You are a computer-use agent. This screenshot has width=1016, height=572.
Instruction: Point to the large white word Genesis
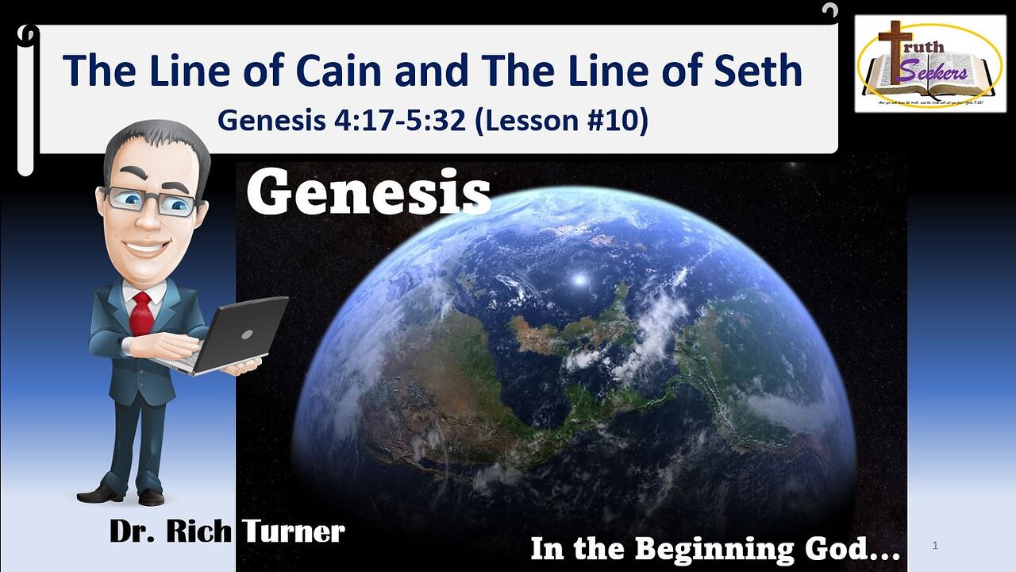(368, 194)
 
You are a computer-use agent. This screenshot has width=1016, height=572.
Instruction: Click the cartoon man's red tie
(142, 313)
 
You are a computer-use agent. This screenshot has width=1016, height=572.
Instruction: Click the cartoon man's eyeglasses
(151, 200)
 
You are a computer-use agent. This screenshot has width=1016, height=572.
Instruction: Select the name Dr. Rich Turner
(227, 531)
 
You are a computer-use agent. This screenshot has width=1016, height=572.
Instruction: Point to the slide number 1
(936, 546)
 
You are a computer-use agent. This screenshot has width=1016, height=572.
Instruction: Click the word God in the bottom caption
(857, 549)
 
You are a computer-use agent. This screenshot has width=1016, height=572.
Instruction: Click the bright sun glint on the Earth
(579, 280)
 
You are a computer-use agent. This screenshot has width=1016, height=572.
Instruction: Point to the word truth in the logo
(923, 45)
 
